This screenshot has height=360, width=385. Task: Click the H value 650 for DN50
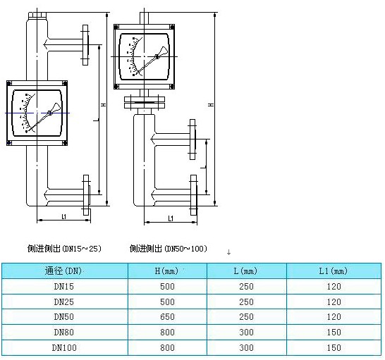pos(167,317)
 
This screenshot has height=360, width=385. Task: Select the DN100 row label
pos(64,348)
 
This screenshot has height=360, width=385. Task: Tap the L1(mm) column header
pos(334,271)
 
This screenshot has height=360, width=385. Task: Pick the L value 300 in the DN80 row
pos(246,333)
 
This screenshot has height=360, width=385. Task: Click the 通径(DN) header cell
pos(63,271)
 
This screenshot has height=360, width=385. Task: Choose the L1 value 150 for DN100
pos(334,348)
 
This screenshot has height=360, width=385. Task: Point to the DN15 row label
pos(64,287)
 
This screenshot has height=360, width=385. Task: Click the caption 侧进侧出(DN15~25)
pos(64,249)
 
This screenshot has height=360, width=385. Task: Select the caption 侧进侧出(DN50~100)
pos(169,249)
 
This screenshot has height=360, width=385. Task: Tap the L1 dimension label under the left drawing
pos(64,216)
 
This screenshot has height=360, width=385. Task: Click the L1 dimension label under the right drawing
pos(171,218)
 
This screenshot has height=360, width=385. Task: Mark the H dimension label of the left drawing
pos(104,105)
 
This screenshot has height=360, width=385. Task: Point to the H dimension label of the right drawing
pos(211,105)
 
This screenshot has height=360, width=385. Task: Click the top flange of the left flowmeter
pos(85,45)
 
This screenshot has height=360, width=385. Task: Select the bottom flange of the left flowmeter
pos(86,195)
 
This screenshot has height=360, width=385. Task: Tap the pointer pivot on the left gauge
pos(49,113)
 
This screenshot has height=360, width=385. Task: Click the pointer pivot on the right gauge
pos(157,56)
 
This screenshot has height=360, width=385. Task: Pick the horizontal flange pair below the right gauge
pos(145,102)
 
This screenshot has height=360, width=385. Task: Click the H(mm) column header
pos(166,271)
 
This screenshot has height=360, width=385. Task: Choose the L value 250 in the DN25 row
pos(246,302)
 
